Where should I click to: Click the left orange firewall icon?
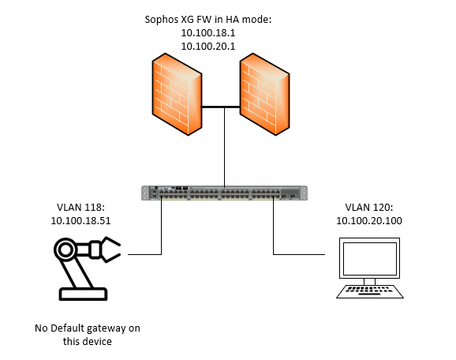pyautogui.click(x=177, y=94)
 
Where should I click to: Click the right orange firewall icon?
pyautogui.click(x=264, y=94)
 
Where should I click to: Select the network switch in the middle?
pyautogui.click(x=224, y=193)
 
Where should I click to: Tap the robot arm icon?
pyautogui.click(x=88, y=268)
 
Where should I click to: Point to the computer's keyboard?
pyautogui.click(x=370, y=291)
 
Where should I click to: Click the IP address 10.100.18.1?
pyautogui.click(x=208, y=33)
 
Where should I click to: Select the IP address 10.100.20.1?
pyautogui.click(x=208, y=47)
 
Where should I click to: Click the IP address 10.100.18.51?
pyautogui.click(x=80, y=220)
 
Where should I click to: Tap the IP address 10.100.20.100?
pyautogui.click(x=369, y=220)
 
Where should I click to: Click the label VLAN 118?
pyautogui.click(x=80, y=207)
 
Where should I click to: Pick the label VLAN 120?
pyautogui.click(x=368, y=207)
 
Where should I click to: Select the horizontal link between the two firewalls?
pyautogui.click(x=221, y=107)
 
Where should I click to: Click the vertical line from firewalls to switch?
pyautogui.click(x=225, y=148)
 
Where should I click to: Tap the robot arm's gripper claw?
pyautogui.click(x=110, y=249)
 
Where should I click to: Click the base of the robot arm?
pyautogui.click(x=83, y=294)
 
